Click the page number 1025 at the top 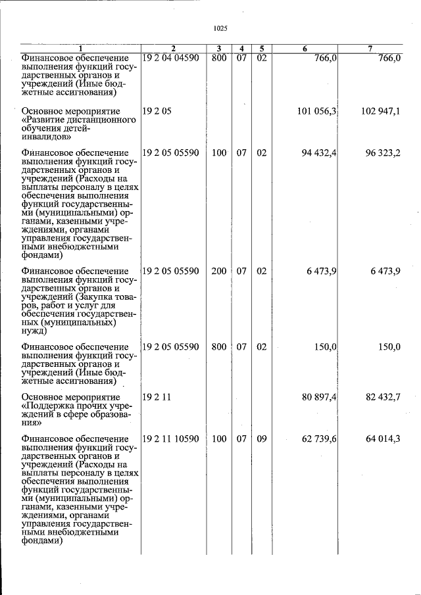220,28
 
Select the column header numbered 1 80,48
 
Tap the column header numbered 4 241,48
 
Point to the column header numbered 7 370,48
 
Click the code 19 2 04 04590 170,59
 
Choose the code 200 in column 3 219,272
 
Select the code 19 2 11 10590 170,439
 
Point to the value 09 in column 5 261,439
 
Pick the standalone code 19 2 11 157,398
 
